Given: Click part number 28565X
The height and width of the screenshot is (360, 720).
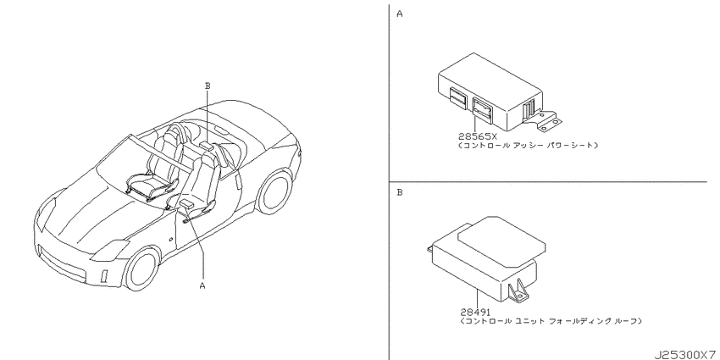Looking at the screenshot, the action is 477,136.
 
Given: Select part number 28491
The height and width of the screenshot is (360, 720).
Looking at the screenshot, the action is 474,313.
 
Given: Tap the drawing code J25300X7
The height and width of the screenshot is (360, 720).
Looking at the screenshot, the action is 685,355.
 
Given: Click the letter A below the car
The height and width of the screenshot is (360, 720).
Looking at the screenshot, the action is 202,286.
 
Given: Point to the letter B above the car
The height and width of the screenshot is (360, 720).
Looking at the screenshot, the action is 207,86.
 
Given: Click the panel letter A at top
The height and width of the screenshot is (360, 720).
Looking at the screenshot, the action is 400,14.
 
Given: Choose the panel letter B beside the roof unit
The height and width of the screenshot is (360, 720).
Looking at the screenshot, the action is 400,192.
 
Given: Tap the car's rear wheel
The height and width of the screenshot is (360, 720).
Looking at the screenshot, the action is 274,191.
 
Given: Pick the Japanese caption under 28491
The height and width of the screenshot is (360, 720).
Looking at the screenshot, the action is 551,321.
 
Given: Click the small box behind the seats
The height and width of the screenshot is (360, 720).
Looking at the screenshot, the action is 207,146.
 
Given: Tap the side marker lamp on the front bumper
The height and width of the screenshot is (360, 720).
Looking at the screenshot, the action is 104,274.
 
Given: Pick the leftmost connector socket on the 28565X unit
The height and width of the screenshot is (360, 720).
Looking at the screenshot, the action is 457,97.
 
